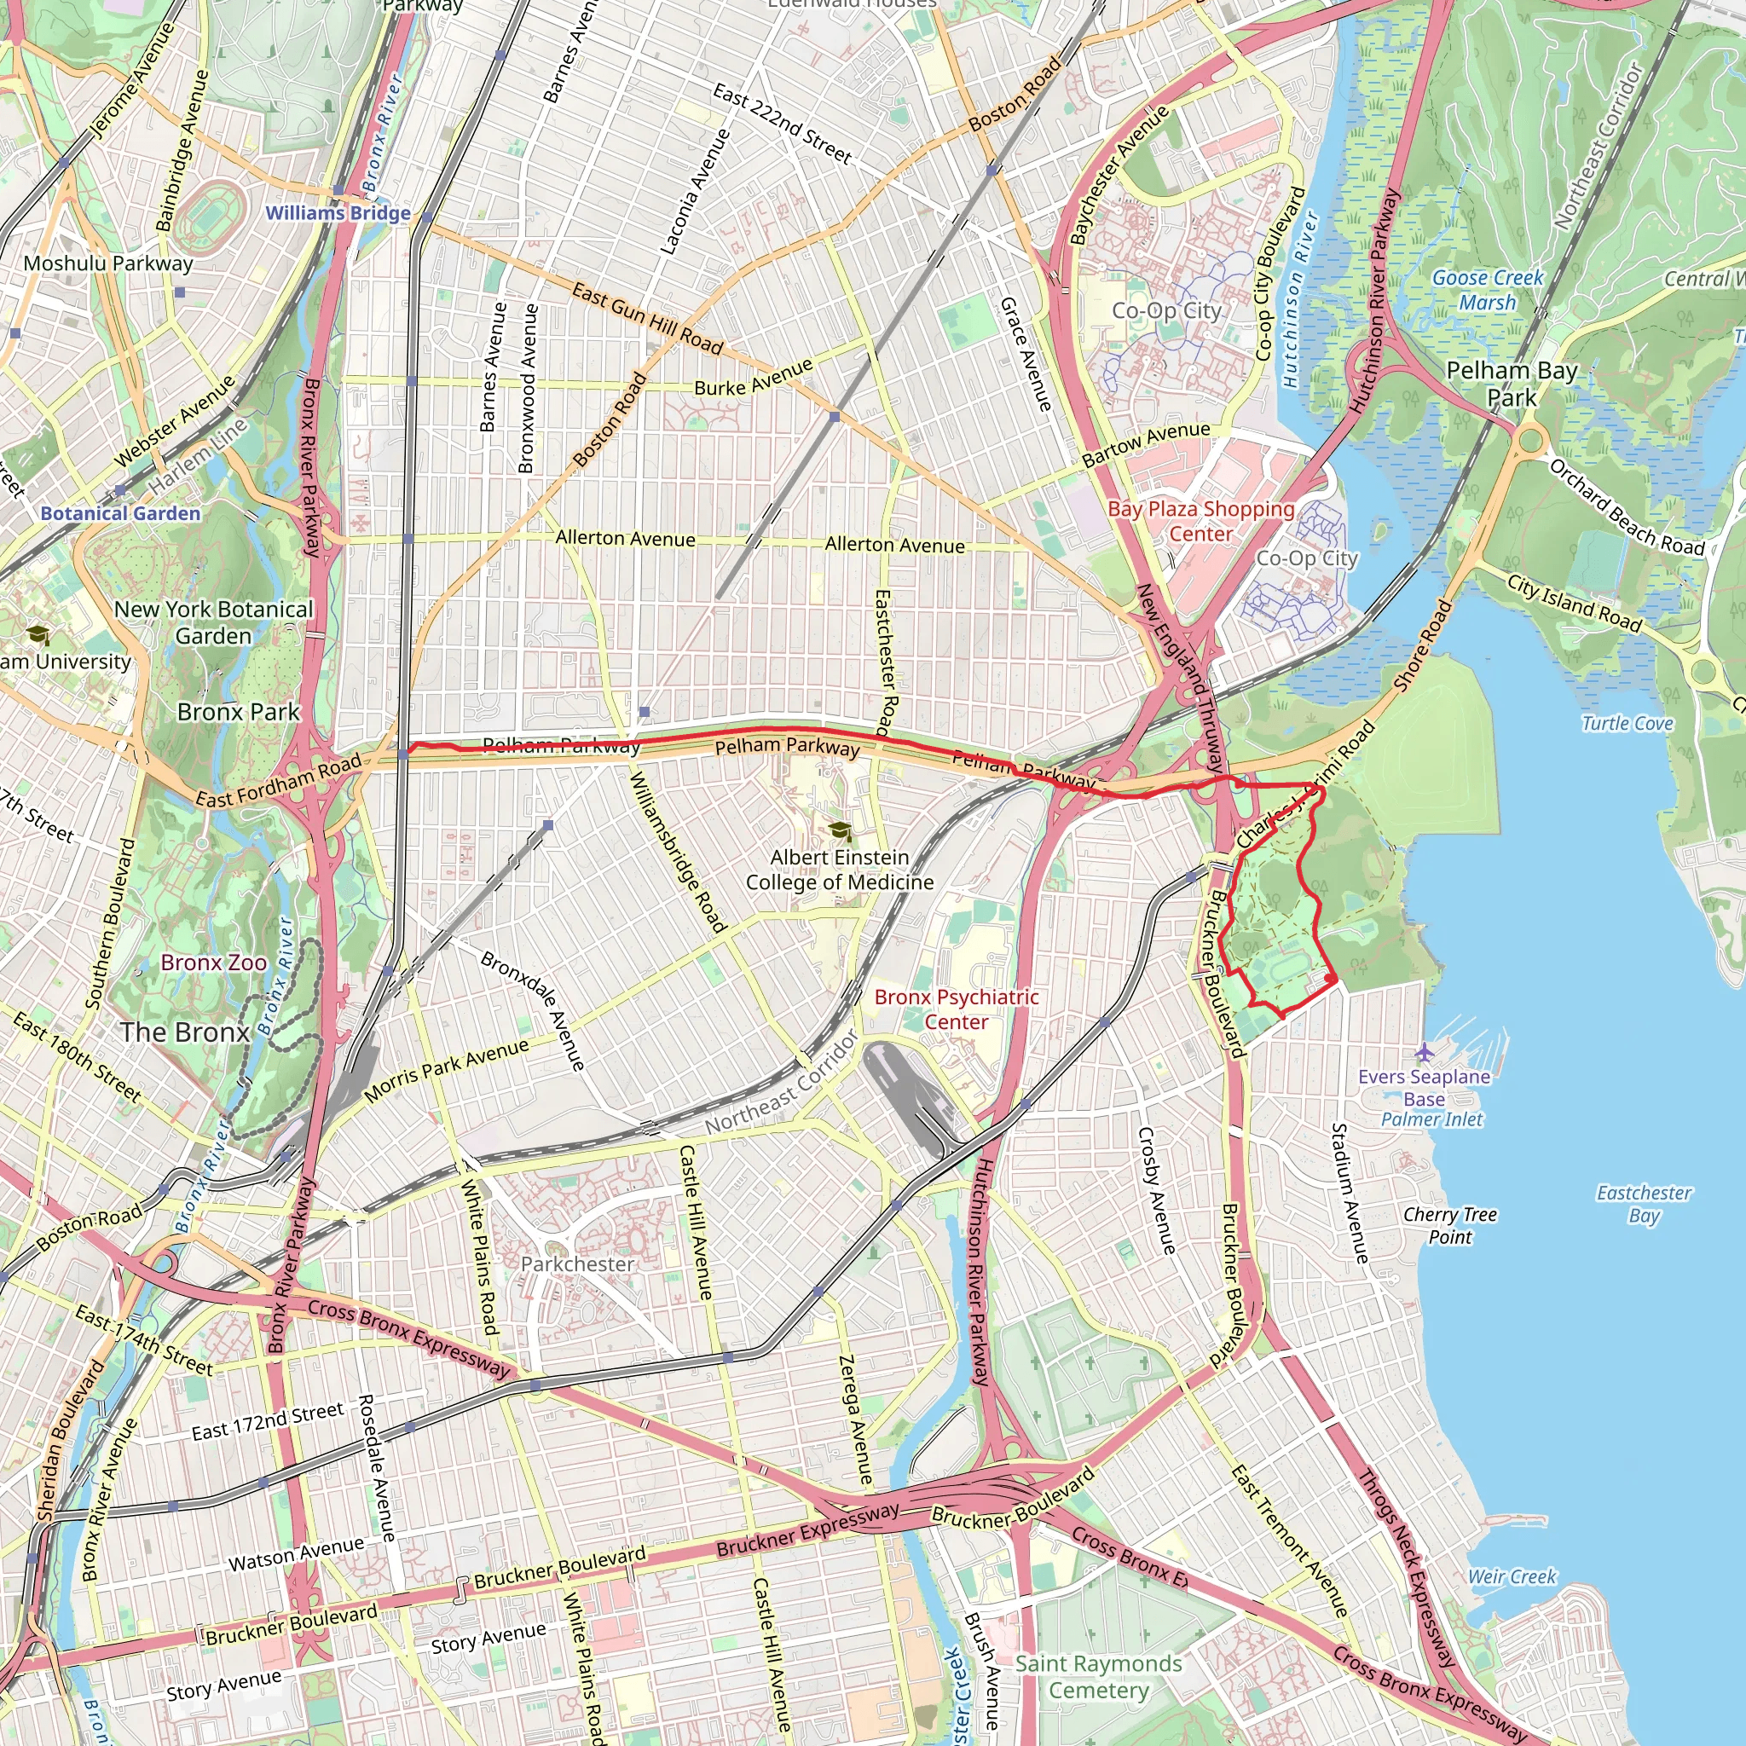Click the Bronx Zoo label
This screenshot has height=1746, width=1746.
[x=213, y=963]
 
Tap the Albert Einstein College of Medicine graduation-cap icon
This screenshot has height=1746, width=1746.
[x=841, y=830]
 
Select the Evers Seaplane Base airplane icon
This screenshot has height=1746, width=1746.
[x=1425, y=1052]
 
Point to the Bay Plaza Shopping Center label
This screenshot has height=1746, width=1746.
[x=1201, y=522]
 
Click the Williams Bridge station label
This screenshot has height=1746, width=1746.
[x=338, y=213]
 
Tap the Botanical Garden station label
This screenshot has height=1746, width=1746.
[x=120, y=513]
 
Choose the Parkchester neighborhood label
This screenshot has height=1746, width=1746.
[x=577, y=1263]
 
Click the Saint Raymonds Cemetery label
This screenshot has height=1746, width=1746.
[x=1098, y=1676]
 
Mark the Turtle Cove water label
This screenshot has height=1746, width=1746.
[x=1627, y=723]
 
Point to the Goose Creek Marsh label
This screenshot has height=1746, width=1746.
[x=1488, y=290]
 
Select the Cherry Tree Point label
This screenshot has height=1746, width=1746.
[x=1449, y=1225]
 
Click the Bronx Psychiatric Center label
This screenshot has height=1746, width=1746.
[x=957, y=1009]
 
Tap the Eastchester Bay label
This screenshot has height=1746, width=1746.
[x=1644, y=1204]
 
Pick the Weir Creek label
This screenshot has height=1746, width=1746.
[x=1512, y=1577]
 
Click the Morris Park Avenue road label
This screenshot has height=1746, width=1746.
[x=447, y=1071]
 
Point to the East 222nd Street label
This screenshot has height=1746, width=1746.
[x=782, y=124]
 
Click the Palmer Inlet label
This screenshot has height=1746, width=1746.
[x=1431, y=1119]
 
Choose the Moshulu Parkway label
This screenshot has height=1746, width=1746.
[x=108, y=264]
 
